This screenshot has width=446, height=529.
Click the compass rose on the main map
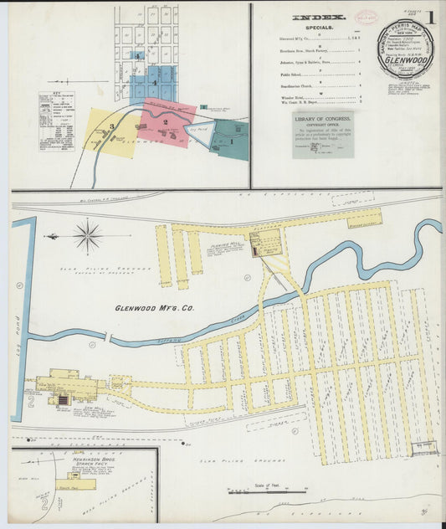pyautogui.click(x=88, y=236)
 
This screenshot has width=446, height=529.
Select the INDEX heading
pyautogui.click(x=319, y=17)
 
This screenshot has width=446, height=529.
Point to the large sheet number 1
pyautogui.click(x=431, y=16)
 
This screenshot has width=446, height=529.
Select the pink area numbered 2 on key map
pyautogui.click(x=167, y=124)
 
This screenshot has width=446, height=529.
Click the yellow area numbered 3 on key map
pyautogui.click(x=110, y=129)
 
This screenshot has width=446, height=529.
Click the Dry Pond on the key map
pyautogui.click(x=198, y=131)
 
